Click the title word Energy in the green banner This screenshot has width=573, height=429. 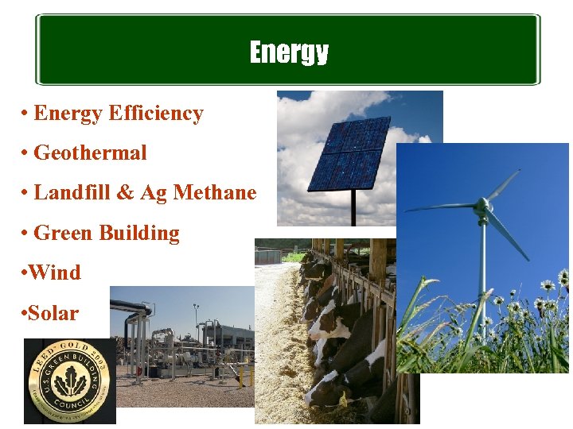pyautogui.click(x=288, y=52)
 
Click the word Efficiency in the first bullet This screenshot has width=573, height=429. pyautogui.click(x=156, y=114)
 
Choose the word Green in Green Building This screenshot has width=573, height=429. pyautogui.click(x=63, y=233)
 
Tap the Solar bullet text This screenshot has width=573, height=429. pyautogui.click(x=53, y=312)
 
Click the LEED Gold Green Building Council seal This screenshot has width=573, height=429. pyautogui.click(x=69, y=381)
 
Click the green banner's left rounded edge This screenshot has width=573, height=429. pyautogui.click(x=38, y=49)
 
